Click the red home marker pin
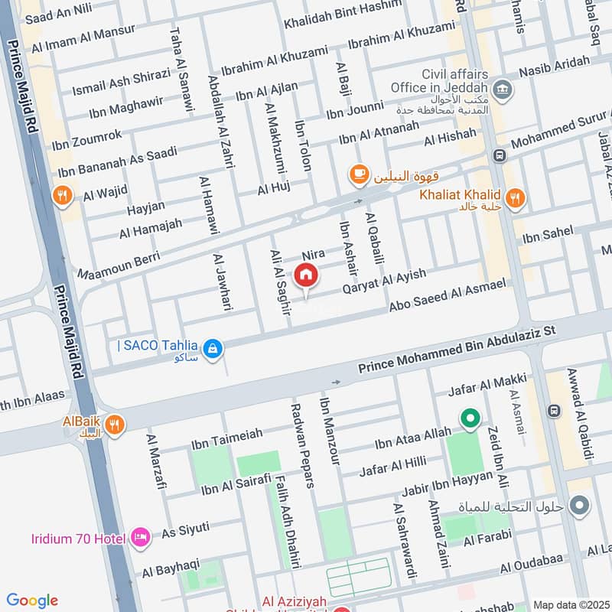pyautogui.click(x=306, y=275)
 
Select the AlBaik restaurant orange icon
pyautogui.click(x=115, y=425)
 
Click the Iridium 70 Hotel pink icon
pyautogui.click(x=139, y=537)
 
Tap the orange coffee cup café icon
pyautogui.click(x=357, y=175)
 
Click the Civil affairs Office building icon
pyautogui.click(x=503, y=91)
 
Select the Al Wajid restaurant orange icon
pyautogui.click(x=63, y=196)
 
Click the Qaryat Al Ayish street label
pyautogui.click(x=373, y=282)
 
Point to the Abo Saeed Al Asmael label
pyautogui.click(x=448, y=295)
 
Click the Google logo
pyautogui.click(x=32, y=601)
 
